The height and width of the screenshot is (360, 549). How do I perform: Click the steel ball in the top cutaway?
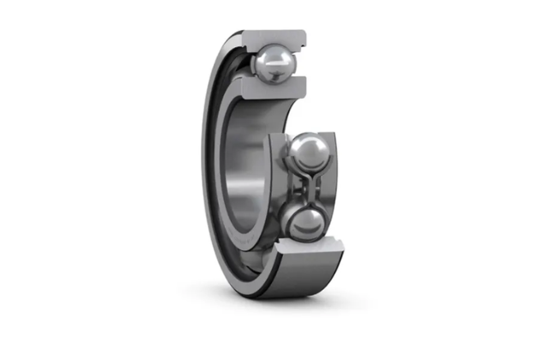274,63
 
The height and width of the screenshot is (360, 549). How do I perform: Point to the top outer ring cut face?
274,37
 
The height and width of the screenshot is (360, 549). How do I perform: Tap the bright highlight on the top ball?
268,57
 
